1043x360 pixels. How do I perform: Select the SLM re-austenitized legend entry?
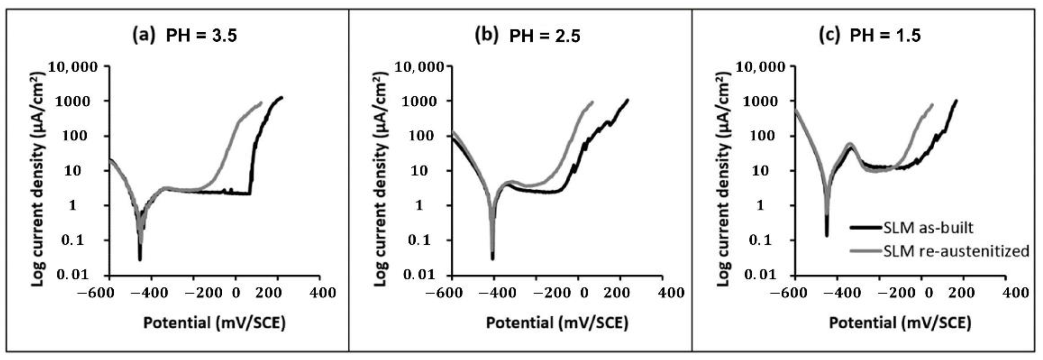tap(955, 251)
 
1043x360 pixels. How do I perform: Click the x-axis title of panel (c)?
tap(900, 323)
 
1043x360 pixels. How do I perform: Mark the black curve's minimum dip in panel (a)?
tap(140, 259)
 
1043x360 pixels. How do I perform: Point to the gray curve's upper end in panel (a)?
tap(261, 102)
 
